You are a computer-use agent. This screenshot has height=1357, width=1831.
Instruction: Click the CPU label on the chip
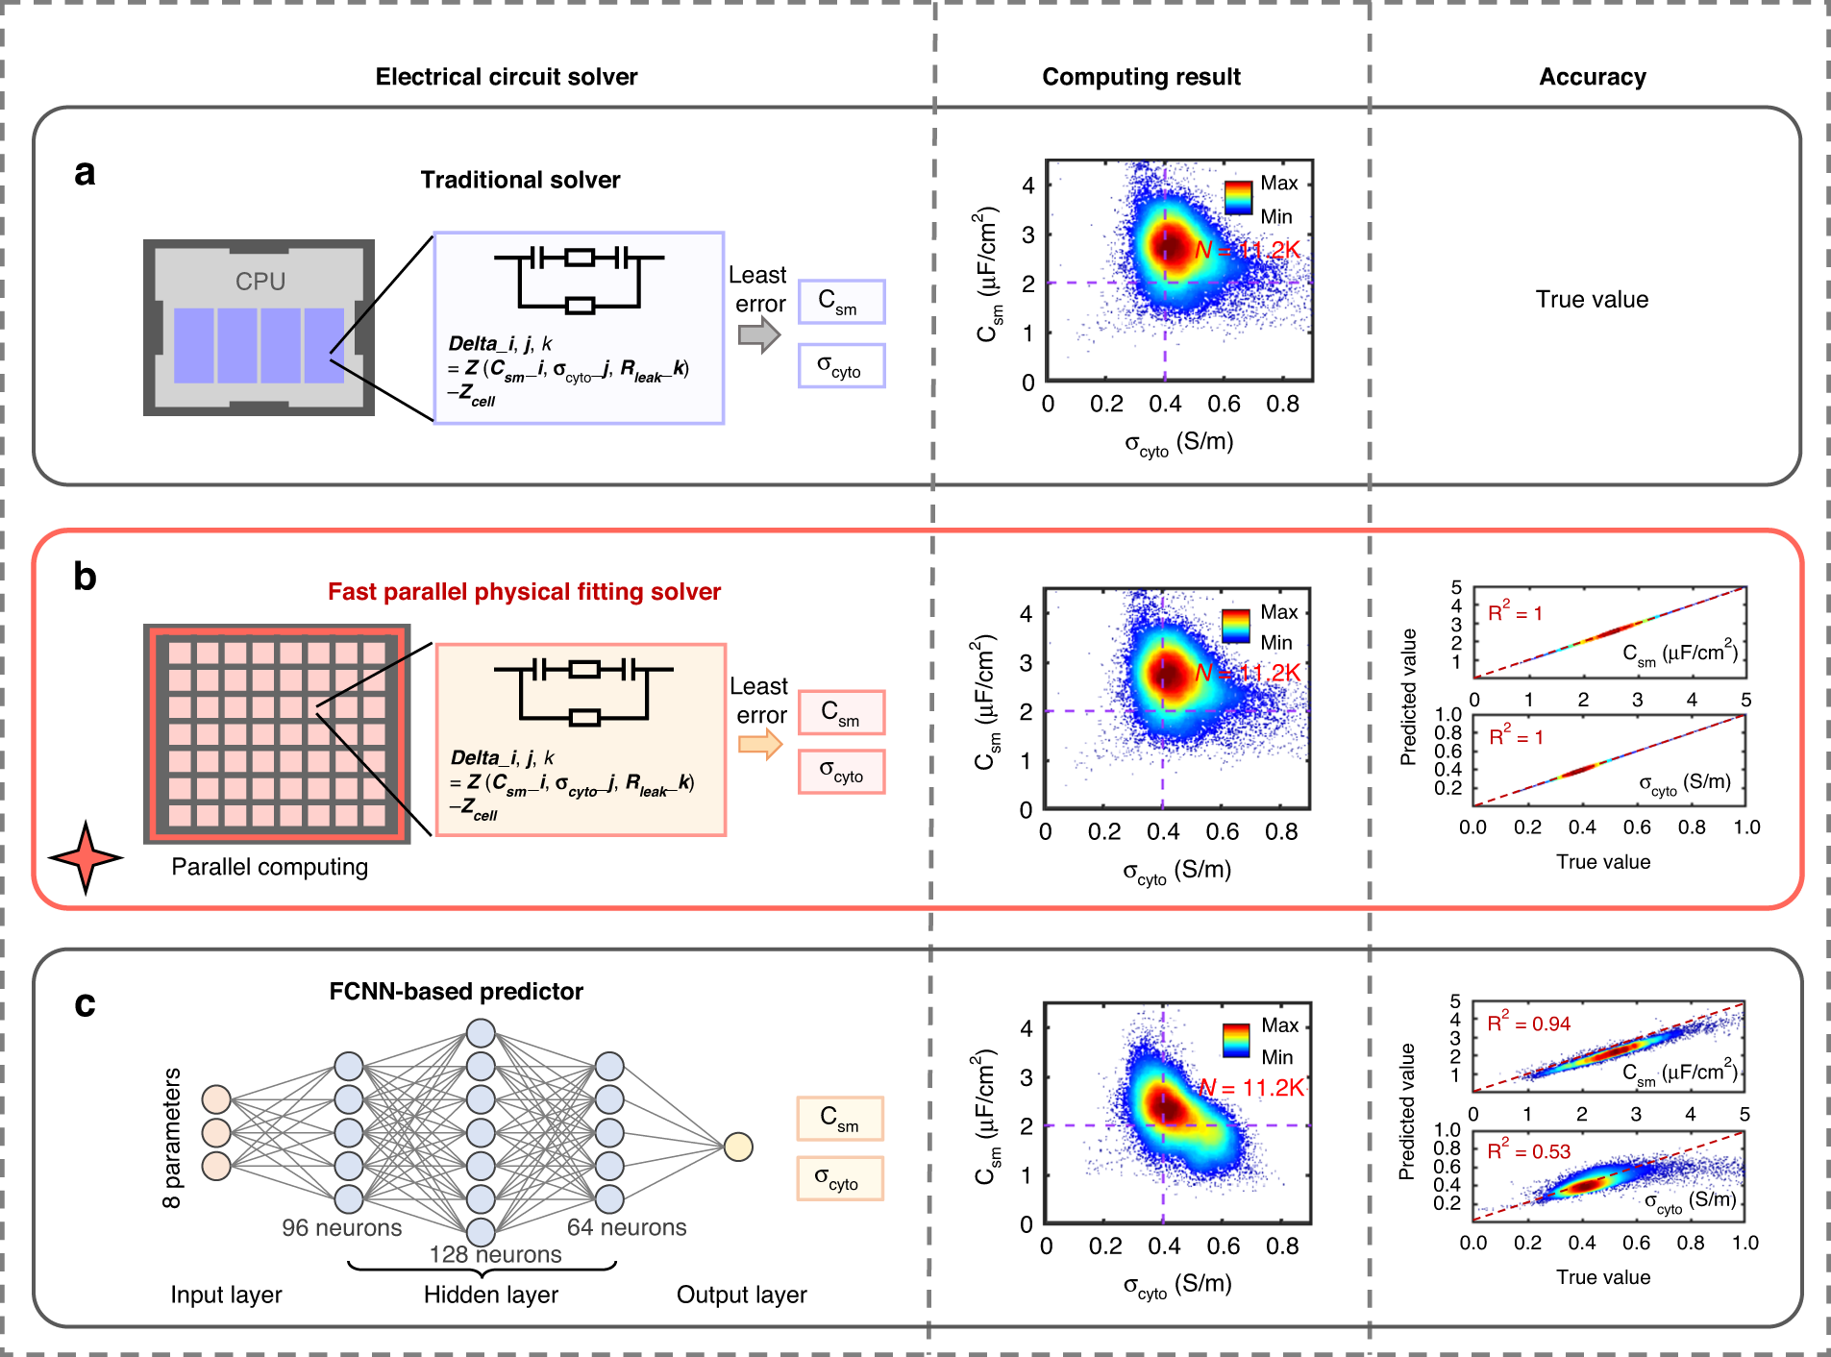(260, 281)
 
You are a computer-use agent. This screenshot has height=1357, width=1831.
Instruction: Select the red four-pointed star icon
(86, 856)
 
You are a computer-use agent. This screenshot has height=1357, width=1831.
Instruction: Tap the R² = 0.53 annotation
(1528, 1150)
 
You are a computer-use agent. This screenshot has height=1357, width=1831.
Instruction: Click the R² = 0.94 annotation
(1528, 1024)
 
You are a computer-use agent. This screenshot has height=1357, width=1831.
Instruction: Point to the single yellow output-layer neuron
(737, 1147)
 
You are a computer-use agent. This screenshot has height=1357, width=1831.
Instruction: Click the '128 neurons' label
(495, 1254)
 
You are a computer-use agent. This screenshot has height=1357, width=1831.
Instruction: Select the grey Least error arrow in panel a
(759, 334)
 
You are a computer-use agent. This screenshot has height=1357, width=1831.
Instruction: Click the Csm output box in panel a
(840, 302)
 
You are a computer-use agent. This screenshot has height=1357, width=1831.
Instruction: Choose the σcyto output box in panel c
(839, 1178)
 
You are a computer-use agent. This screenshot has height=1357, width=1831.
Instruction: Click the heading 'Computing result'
(1141, 77)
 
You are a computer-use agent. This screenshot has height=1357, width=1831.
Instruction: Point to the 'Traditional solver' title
(520, 180)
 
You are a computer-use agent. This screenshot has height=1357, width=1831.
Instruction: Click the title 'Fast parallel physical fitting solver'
(524, 591)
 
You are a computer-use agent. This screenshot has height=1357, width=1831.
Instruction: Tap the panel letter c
(85, 1003)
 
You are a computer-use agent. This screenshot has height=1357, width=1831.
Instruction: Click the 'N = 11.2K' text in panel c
(1252, 1087)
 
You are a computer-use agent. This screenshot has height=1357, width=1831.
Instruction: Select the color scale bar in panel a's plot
(1239, 198)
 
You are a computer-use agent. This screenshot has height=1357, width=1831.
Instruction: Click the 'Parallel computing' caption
(269, 867)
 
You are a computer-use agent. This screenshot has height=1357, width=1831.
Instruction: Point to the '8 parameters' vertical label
(172, 1138)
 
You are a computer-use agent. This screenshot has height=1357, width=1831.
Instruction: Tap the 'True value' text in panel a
(1592, 299)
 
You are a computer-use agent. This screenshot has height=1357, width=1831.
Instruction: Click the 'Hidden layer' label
(490, 1295)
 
